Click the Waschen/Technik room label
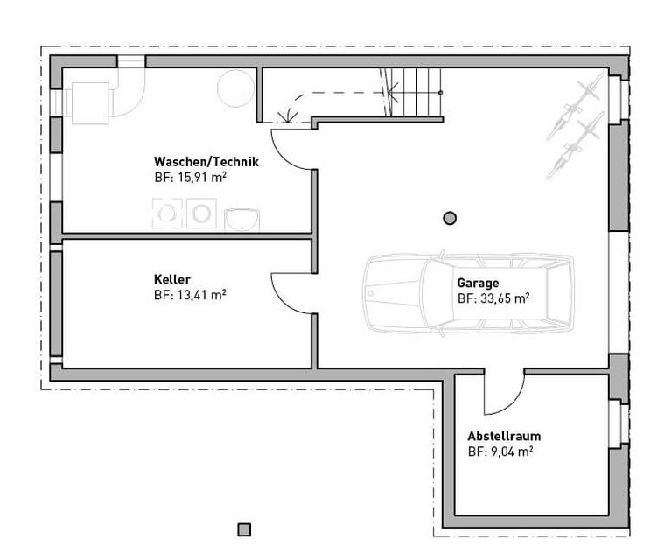point(206,162)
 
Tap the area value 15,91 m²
point(202,177)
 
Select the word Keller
point(172,279)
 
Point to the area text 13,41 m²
point(202,295)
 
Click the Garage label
point(479,283)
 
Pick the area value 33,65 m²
point(505,298)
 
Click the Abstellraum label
point(504,436)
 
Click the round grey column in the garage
point(450,218)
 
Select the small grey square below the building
point(244,529)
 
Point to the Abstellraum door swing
point(513,403)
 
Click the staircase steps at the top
point(413,92)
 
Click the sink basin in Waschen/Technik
point(241,220)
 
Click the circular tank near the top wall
point(235,88)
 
